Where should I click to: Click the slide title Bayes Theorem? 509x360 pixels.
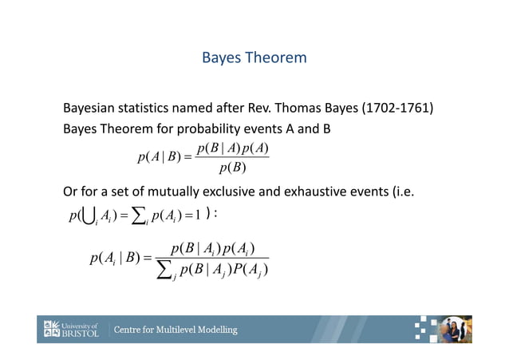pyautogui.click(x=254, y=58)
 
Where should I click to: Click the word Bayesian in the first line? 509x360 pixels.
pyautogui.click(x=91, y=109)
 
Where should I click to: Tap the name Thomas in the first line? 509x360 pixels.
pyautogui.click(x=308, y=109)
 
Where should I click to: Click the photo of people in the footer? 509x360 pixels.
pyautogui.click(x=458, y=329)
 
